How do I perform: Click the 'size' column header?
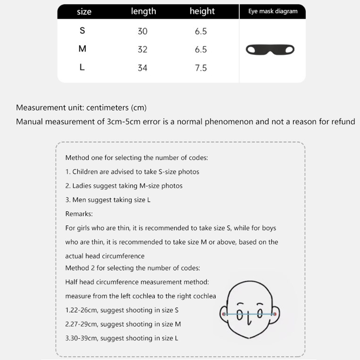(x=84, y=12)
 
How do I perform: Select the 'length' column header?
(x=143, y=11)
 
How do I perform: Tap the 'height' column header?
(x=202, y=11)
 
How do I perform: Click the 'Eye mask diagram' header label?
(x=273, y=11)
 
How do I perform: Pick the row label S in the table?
(x=82, y=31)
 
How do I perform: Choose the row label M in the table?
(x=82, y=49)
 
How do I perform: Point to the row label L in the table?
(x=82, y=67)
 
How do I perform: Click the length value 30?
(x=143, y=31)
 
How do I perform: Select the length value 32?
(x=143, y=49)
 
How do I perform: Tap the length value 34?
(x=143, y=68)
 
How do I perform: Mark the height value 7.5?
(x=201, y=68)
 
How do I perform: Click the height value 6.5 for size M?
(x=201, y=49)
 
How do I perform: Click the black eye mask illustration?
(x=273, y=49)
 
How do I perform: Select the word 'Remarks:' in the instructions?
(x=79, y=214)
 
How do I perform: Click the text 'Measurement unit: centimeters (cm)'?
(x=81, y=108)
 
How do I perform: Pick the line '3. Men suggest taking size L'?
(x=108, y=200)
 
